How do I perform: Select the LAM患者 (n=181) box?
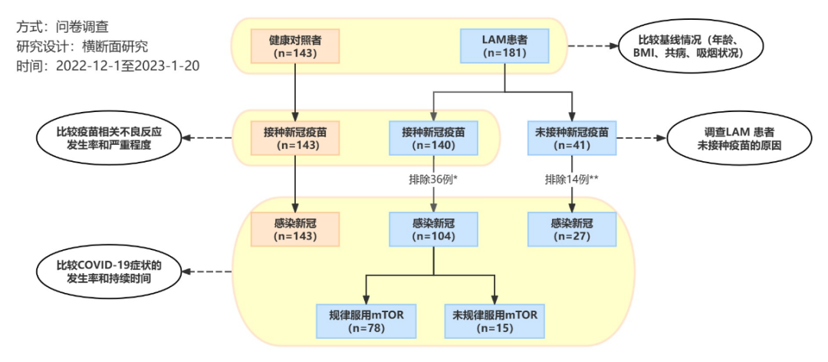[x=503, y=46]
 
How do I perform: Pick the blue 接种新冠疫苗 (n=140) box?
[x=435, y=139]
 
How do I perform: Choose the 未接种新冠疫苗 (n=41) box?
[x=572, y=139]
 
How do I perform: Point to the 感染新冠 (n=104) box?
[x=435, y=230]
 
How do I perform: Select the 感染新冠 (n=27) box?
[x=572, y=230]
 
